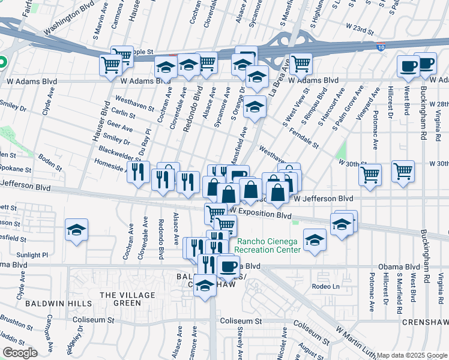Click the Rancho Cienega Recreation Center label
click(267, 246)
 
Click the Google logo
click(20, 352)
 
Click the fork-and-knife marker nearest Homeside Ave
click(139, 172)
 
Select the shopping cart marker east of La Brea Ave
click(300, 64)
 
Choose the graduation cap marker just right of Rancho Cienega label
click(315, 241)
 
